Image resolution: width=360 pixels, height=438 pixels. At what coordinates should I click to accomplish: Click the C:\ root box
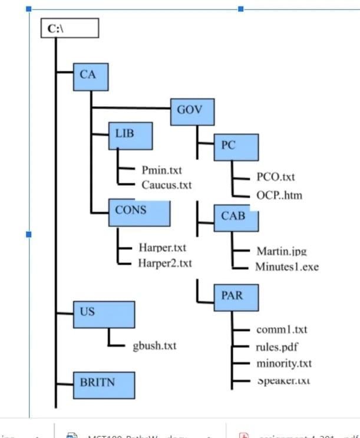pos(69,28)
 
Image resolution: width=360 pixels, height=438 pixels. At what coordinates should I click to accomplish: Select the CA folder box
pos(93,76)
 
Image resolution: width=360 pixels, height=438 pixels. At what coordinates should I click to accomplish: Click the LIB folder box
pos(131,136)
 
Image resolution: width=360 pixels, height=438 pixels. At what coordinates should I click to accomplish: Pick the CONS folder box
pos(139,213)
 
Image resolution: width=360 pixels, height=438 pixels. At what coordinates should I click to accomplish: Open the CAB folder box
pos(236,218)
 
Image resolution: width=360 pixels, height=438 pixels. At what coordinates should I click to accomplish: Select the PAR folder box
pos(236,297)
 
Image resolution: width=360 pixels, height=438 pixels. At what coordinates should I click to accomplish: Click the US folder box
pos(103,315)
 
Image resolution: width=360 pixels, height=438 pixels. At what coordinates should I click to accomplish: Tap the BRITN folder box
pos(103,384)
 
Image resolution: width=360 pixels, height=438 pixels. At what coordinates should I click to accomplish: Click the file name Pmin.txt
pos(162,171)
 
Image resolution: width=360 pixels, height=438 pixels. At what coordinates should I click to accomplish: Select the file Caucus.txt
pos(167,185)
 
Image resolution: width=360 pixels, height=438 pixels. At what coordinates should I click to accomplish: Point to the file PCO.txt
pos(276,177)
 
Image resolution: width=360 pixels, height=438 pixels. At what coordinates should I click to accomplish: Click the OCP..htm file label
pos(279,195)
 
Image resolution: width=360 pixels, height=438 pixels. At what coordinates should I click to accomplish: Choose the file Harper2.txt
pos(165,263)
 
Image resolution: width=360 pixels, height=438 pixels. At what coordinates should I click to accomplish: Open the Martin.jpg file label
pos(282,251)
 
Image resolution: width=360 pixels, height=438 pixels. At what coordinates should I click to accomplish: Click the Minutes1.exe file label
pos(287,266)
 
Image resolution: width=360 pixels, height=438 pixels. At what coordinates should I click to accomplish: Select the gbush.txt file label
pos(154,345)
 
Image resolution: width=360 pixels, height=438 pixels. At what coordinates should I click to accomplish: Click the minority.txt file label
pos(284,363)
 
